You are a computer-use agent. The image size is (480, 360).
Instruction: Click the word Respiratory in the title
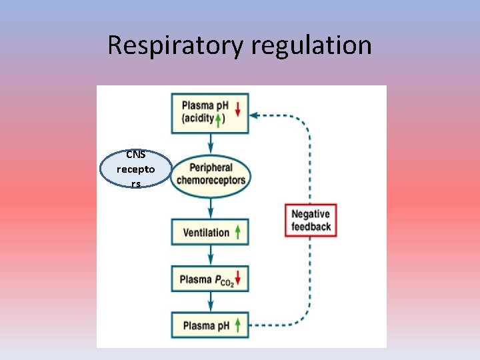pos(176,45)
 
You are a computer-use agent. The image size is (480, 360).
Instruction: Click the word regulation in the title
pos(311,45)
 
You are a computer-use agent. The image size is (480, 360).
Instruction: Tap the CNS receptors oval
pos(135,169)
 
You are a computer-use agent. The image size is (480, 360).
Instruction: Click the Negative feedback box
pos(311,220)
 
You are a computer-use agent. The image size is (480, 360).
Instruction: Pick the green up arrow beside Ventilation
pos(238,233)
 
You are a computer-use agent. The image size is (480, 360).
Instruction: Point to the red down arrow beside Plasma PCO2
pos(238,279)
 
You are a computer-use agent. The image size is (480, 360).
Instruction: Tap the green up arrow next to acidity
pos(218,120)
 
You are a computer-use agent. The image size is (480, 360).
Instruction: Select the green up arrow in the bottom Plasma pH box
pos(238,325)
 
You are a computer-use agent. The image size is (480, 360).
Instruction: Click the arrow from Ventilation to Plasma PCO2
pos(211,256)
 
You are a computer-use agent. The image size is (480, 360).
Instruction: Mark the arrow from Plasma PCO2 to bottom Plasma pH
pos(211,302)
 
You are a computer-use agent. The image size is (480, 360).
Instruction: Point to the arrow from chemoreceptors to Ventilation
pos(211,207)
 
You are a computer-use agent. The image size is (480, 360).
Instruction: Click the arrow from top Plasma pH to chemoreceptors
pos(211,143)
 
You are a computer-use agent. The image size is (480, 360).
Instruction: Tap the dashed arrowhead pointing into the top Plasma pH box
pos(255,115)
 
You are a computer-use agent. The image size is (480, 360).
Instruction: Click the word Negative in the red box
pos(311,214)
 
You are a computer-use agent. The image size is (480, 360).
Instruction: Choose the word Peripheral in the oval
pos(211,167)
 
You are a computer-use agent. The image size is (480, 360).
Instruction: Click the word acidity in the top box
pos(197,119)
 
